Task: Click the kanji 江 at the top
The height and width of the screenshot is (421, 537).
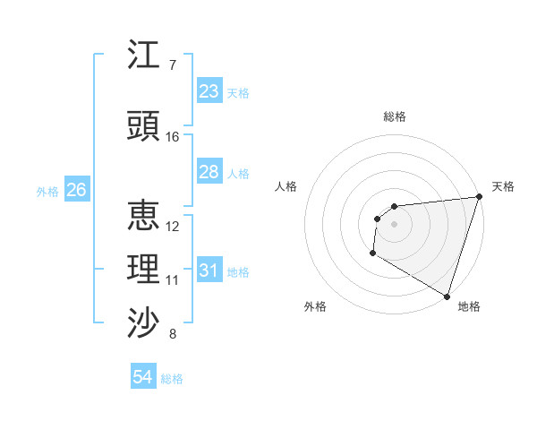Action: tap(144, 56)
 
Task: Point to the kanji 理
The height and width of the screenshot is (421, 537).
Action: tap(144, 270)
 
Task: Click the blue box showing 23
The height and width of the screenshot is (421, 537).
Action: tap(209, 91)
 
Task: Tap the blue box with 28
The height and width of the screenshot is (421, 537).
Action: tap(209, 172)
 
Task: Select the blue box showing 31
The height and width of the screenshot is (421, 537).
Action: tap(209, 271)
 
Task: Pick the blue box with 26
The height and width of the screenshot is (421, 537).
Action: tap(76, 190)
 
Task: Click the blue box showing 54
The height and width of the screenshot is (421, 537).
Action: tap(142, 377)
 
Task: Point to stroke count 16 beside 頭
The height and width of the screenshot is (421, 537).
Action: tap(173, 137)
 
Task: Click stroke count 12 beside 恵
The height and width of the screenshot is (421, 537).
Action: tap(173, 226)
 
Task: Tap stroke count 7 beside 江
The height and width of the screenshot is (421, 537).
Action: tap(173, 65)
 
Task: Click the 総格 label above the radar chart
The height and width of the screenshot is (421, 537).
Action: tap(395, 116)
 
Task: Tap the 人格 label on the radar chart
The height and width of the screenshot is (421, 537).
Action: tap(286, 186)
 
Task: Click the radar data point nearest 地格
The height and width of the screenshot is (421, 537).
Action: tap(447, 296)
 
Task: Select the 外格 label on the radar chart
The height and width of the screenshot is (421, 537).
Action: tap(315, 306)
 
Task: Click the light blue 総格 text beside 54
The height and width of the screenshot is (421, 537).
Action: tap(172, 379)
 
